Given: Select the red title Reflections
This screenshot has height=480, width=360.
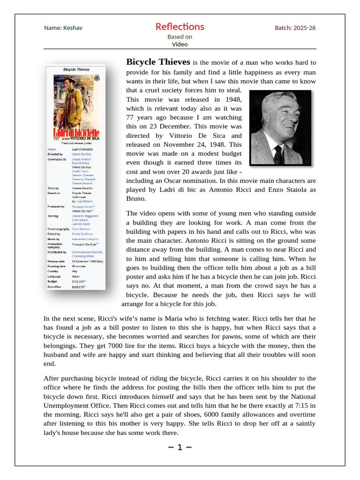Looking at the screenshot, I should point(180,27).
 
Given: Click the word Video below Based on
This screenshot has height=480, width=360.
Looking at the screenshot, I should point(180,45).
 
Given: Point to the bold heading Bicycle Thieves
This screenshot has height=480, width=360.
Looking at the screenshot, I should point(158,62).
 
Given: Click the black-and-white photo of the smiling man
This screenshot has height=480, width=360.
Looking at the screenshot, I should point(280,127).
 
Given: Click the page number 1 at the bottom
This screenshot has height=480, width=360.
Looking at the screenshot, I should point(180,447).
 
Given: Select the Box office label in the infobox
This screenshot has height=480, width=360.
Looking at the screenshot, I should point(55,286).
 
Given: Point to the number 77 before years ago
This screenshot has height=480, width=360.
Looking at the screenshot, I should point(131,118).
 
